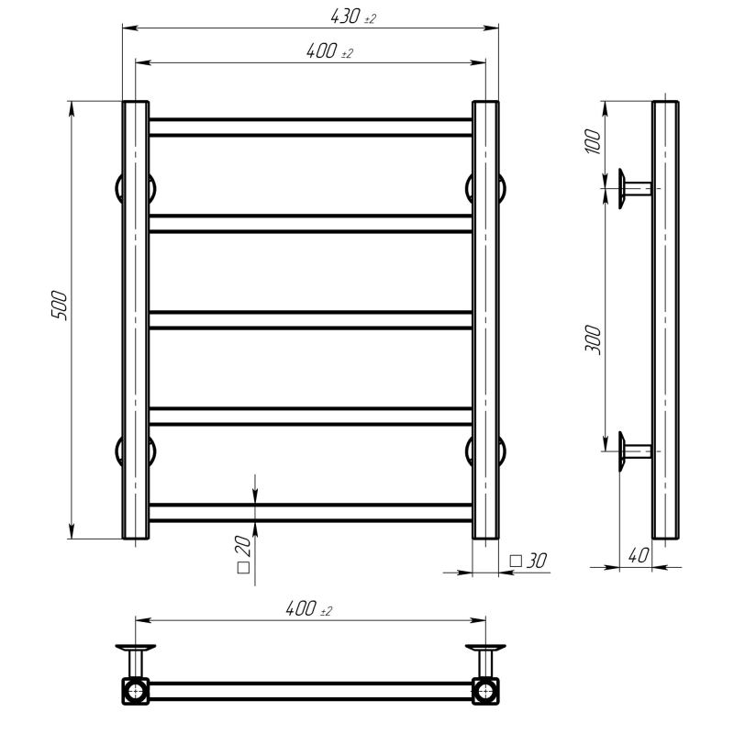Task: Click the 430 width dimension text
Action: (346, 17)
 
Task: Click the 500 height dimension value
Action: (60, 306)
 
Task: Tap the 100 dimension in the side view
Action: (593, 141)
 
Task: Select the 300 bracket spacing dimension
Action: (593, 339)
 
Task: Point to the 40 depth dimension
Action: (639, 556)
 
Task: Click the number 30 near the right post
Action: (537, 561)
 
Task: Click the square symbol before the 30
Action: (516, 561)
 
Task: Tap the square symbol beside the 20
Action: (243, 567)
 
